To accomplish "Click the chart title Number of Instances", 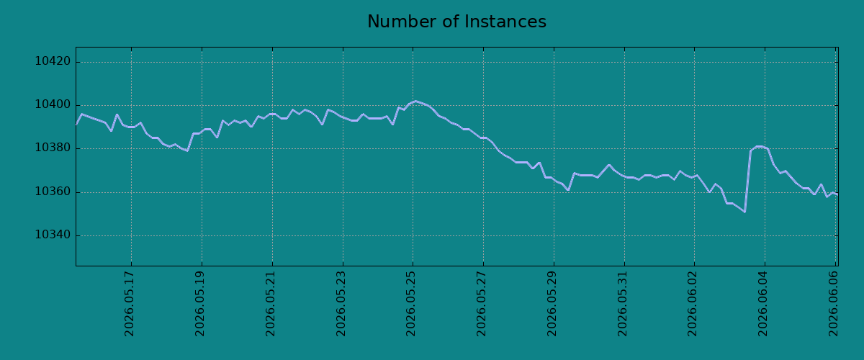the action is pyautogui.click(x=456, y=22).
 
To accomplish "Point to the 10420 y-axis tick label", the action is pyautogui.click(x=53, y=61).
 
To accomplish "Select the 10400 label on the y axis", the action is pyautogui.click(x=53, y=105).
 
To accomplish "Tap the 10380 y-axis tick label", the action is pyautogui.click(x=53, y=148).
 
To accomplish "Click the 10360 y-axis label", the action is pyautogui.click(x=53, y=192).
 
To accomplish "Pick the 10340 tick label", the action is pyautogui.click(x=53, y=235).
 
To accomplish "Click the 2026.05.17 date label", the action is pyautogui.click(x=129, y=304).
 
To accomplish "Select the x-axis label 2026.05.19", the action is pyautogui.click(x=200, y=304).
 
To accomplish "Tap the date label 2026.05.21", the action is pyautogui.click(x=271, y=304).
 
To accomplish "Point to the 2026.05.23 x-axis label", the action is pyautogui.click(x=341, y=304).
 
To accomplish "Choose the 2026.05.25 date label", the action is pyautogui.click(x=411, y=304).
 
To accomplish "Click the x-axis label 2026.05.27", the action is pyautogui.click(x=482, y=304).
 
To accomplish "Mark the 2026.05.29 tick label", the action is pyautogui.click(x=552, y=304).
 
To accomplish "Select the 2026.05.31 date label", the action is pyautogui.click(x=623, y=304).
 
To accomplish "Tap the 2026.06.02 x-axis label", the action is pyautogui.click(x=693, y=304).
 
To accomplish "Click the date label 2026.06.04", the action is pyautogui.click(x=763, y=304).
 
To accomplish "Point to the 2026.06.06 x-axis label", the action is pyautogui.click(x=834, y=304).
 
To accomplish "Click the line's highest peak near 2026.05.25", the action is pyautogui.click(x=415, y=101).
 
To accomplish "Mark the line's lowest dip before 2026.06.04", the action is pyautogui.click(x=744, y=212).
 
